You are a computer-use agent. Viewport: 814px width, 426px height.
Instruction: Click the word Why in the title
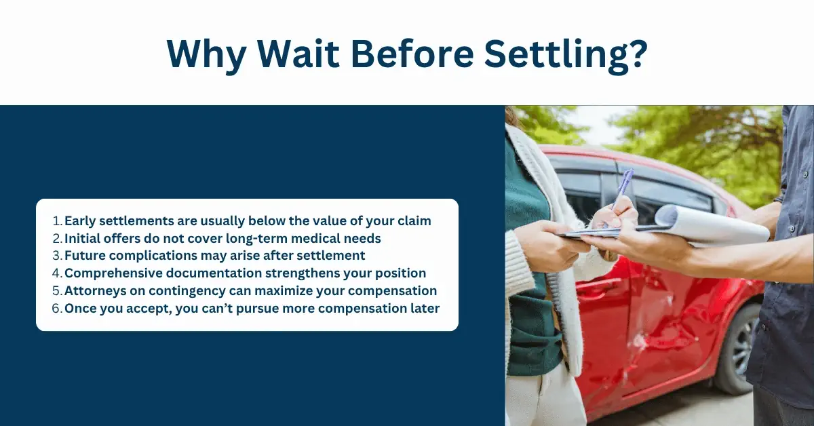pyautogui.click(x=206, y=54)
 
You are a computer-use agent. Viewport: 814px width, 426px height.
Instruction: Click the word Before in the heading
pyautogui.click(x=412, y=52)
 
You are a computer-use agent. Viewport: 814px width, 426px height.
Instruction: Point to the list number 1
pyautogui.click(x=58, y=220)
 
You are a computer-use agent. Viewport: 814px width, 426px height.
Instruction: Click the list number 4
pyautogui.click(x=58, y=273)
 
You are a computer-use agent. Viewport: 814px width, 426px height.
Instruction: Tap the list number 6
pyautogui.click(x=58, y=308)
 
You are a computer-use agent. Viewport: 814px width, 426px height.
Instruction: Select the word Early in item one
pyautogui.click(x=80, y=221)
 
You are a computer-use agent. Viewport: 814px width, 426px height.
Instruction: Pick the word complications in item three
pyautogui.click(x=153, y=256)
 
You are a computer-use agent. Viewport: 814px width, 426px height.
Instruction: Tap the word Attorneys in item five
pyautogui.click(x=96, y=291)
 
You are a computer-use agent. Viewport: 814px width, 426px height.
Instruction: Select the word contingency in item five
pyautogui.click(x=187, y=291)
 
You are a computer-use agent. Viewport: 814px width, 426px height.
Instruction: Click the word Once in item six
pyautogui.click(x=80, y=308)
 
